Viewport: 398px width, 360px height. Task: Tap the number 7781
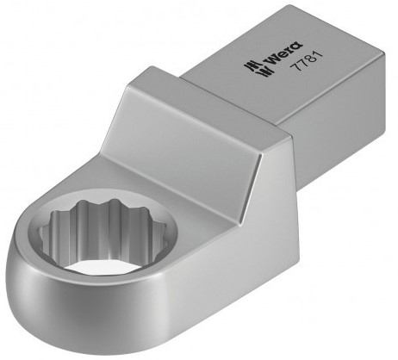coord(306,61)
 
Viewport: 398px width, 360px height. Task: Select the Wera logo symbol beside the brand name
coord(258,69)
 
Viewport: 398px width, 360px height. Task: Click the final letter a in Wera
coord(297,46)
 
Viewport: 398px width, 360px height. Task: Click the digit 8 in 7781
coord(310,59)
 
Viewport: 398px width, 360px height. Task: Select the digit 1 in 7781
coord(318,55)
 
